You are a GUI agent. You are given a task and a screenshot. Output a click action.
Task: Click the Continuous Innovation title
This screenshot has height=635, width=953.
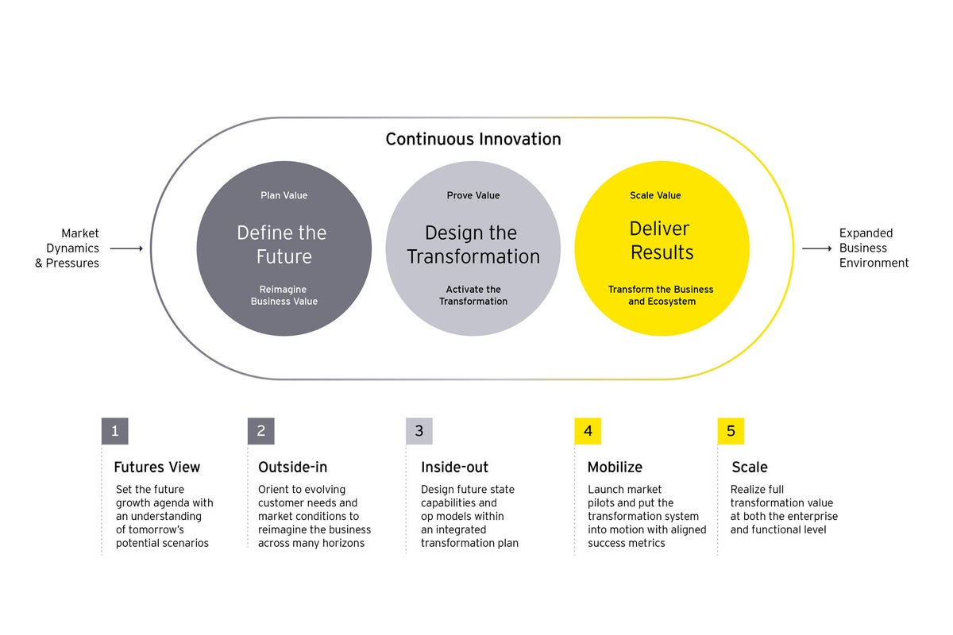pos(473,140)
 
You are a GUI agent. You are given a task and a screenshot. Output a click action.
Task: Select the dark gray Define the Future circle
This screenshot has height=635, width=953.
pos(284,248)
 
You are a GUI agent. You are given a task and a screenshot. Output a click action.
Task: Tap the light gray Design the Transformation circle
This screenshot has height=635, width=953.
pos(473,248)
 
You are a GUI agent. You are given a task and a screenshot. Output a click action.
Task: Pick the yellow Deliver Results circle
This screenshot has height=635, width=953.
pos(662,248)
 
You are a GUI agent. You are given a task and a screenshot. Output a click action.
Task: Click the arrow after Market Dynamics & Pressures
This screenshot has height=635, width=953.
pos(126,248)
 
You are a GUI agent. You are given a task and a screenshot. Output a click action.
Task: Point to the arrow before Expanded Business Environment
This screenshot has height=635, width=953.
pos(816,248)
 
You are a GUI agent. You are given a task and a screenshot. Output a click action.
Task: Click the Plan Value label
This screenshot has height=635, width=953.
pos(284,195)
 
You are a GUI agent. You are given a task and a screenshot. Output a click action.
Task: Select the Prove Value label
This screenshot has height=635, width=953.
pos(473,195)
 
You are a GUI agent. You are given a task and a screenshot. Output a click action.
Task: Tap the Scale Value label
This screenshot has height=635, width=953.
pos(655,195)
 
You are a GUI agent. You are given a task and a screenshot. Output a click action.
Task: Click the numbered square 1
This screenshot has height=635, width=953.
pos(115,431)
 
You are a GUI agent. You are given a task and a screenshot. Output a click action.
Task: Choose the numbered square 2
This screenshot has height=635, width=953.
pos(260,431)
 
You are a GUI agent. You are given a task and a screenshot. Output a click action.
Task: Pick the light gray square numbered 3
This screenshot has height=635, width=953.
pos(419,431)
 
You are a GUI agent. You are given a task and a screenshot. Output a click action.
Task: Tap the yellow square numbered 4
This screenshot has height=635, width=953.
pos(588,431)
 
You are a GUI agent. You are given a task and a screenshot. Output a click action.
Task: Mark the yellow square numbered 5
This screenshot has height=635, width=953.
pos(731,431)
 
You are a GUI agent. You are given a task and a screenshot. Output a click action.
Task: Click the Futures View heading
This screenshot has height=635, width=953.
pos(157,468)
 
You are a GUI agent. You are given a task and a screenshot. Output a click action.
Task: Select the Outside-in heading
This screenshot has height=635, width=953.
pos(293,468)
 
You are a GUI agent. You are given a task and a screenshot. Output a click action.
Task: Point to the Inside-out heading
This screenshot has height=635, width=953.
pos(455,468)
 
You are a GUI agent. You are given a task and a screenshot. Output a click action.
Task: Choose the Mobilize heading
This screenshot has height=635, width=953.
pos(615,468)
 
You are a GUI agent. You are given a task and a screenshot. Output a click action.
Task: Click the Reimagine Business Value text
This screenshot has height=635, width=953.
pos(284,295)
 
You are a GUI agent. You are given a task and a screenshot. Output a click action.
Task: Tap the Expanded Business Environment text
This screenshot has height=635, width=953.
pos(874,248)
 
